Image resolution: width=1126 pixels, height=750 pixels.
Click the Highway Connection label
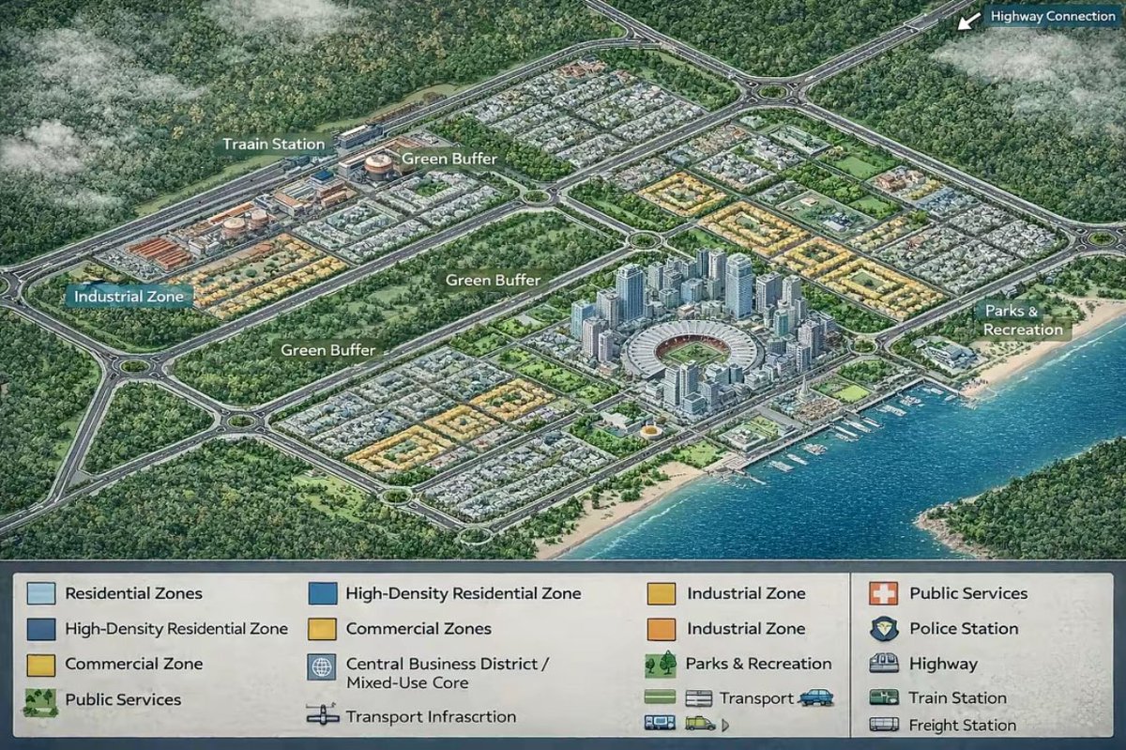(1053, 17)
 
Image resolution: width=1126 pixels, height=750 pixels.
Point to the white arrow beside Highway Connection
(965, 21)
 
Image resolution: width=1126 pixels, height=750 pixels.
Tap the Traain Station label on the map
(273, 145)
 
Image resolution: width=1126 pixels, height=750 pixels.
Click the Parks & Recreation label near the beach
(1023, 320)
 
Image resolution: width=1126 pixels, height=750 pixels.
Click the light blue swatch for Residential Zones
(40, 593)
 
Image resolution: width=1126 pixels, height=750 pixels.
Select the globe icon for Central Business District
(321, 667)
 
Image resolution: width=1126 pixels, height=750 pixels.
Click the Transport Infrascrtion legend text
(431, 716)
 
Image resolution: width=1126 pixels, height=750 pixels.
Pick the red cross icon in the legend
(884, 593)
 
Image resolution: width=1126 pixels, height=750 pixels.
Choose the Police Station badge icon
(884, 629)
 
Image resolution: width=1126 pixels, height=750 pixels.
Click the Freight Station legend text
(962, 725)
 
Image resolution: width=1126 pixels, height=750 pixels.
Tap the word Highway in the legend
(943, 664)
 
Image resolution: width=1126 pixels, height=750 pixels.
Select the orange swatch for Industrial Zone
(661, 629)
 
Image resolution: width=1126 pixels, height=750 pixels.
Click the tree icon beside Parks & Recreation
(661, 664)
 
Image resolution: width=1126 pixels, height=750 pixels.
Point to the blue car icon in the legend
(815, 697)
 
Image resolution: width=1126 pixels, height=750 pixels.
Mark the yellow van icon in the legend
(700, 723)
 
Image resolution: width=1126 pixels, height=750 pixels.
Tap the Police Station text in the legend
(964, 629)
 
